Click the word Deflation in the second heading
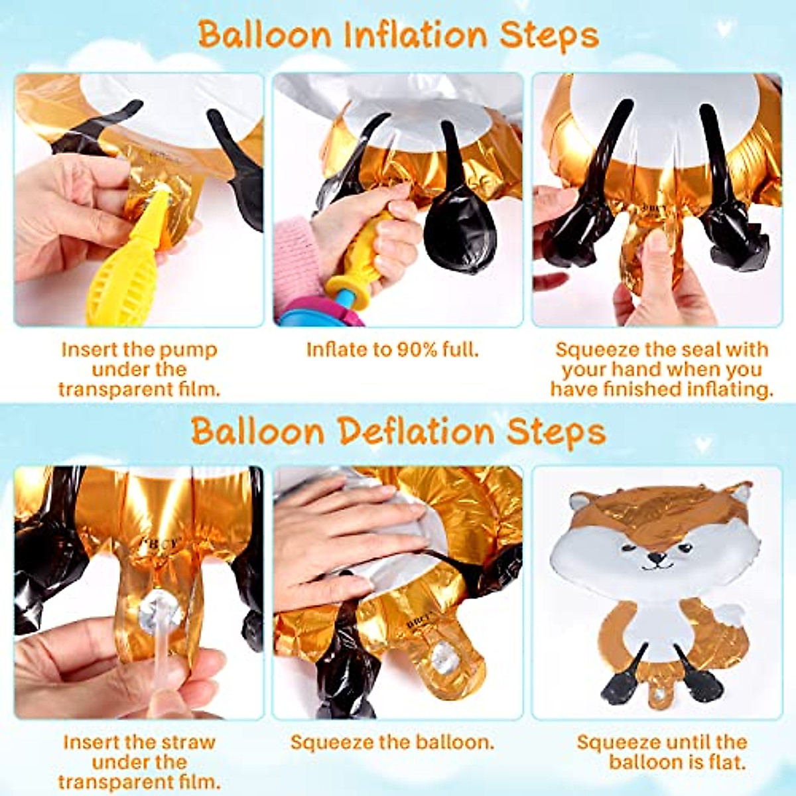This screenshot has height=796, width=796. pyautogui.click(x=417, y=432)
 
